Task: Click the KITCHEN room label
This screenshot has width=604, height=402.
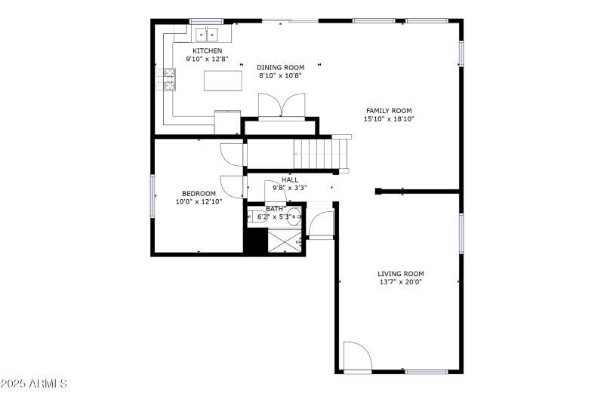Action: [x=207, y=51]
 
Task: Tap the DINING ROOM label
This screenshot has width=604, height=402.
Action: [x=280, y=67]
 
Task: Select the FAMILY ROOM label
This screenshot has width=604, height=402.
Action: [x=389, y=111]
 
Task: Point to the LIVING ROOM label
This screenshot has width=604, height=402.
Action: [x=400, y=274]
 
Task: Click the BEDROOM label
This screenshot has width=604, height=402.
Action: [x=199, y=193]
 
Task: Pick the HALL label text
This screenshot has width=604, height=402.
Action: [x=290, y=180]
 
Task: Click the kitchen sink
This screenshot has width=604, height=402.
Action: [x=207, y=34]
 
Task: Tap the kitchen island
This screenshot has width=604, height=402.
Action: [x=223, y=79]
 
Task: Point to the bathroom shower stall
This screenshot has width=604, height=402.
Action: [x=284, y=241]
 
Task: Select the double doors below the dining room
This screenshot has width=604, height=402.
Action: [x=281, y=105]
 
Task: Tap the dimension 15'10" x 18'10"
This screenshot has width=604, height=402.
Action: [x=389, y=119]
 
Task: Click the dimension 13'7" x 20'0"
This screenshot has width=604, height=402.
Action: [x=400, y=283]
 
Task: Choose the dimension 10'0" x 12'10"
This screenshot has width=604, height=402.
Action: [x=199, y=201]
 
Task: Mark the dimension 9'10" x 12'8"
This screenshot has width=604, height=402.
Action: [x=207, y=59]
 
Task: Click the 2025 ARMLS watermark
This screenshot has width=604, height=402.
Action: [x=35, y=384]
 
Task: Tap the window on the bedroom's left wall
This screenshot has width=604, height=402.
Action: [x=153, y=195]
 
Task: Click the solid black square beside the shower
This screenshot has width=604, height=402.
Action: [x=255, y=241]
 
